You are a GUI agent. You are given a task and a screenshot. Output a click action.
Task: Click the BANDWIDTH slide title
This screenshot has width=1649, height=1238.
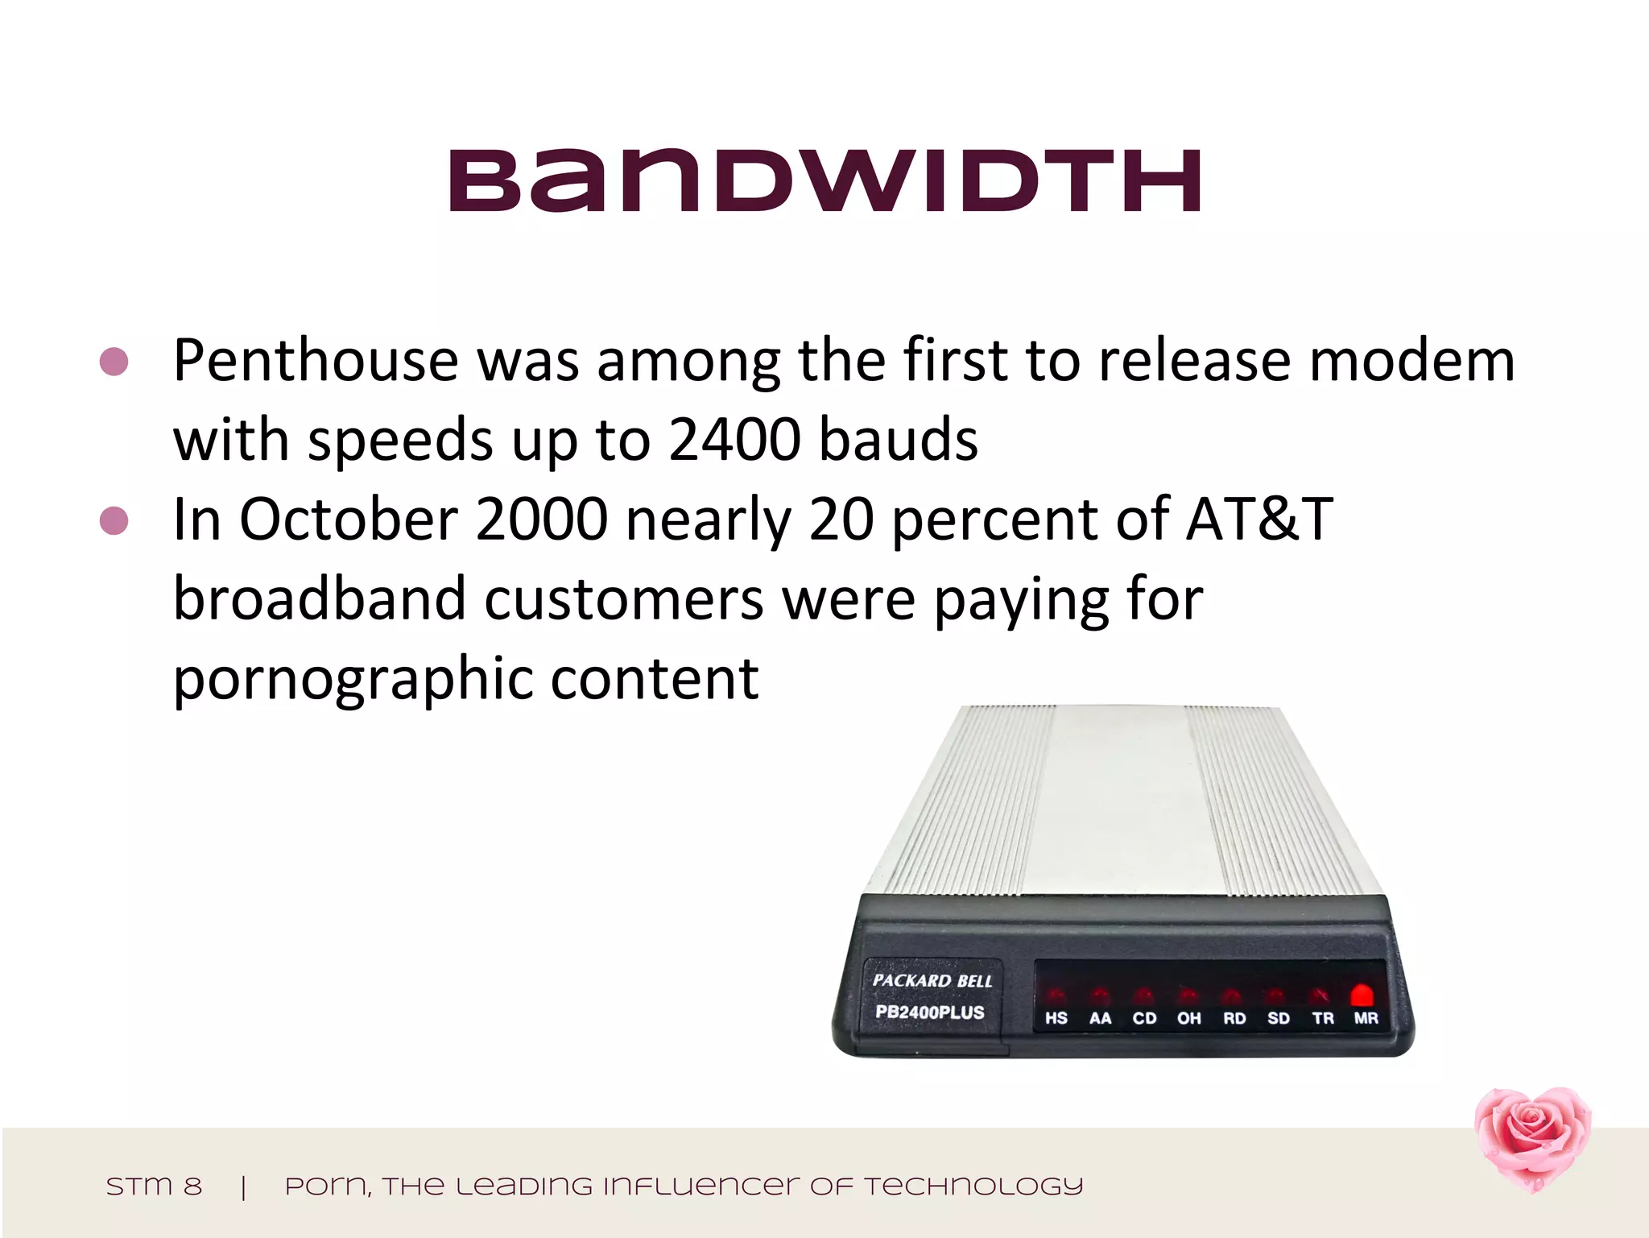point(824,181)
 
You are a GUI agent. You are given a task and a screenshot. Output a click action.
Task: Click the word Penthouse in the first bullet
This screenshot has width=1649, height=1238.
point(316,360)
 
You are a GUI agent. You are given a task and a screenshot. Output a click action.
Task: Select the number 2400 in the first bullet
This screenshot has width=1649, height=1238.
point(734,440)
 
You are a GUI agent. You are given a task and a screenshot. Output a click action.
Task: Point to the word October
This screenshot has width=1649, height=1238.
point(348,520)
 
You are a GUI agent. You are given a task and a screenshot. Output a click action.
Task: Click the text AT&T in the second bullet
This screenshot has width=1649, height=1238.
point(1259,520)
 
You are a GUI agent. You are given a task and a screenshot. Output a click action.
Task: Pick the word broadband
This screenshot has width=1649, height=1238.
point(320,599)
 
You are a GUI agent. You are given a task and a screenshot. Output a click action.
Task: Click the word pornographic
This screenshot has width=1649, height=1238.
point(352,679)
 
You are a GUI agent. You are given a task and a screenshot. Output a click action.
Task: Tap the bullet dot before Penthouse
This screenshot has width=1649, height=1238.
point(114,362)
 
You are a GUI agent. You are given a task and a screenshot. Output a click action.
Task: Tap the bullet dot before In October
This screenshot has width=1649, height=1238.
point(114,521)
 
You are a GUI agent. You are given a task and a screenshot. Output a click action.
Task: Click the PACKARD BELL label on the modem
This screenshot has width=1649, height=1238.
point(932,981)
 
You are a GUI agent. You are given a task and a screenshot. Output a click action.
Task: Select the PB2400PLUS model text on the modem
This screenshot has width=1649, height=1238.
point(929,1012)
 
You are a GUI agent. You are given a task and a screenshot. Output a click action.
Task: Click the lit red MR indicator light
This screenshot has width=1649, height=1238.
point(1362,994)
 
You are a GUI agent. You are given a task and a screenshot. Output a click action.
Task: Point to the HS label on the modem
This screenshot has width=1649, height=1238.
point(1056,1019)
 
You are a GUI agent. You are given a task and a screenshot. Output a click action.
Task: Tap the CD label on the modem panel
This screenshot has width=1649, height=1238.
point(1144,1019)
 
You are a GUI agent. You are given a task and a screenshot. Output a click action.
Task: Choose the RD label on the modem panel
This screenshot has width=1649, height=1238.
point(1234,1019)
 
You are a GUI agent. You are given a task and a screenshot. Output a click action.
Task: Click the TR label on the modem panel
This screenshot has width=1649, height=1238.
point(1322,1019)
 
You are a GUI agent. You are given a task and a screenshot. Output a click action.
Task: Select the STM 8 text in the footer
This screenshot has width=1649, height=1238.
point(154,1186)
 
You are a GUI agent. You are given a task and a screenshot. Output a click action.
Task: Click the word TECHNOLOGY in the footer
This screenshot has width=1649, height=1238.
point(973,1186)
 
